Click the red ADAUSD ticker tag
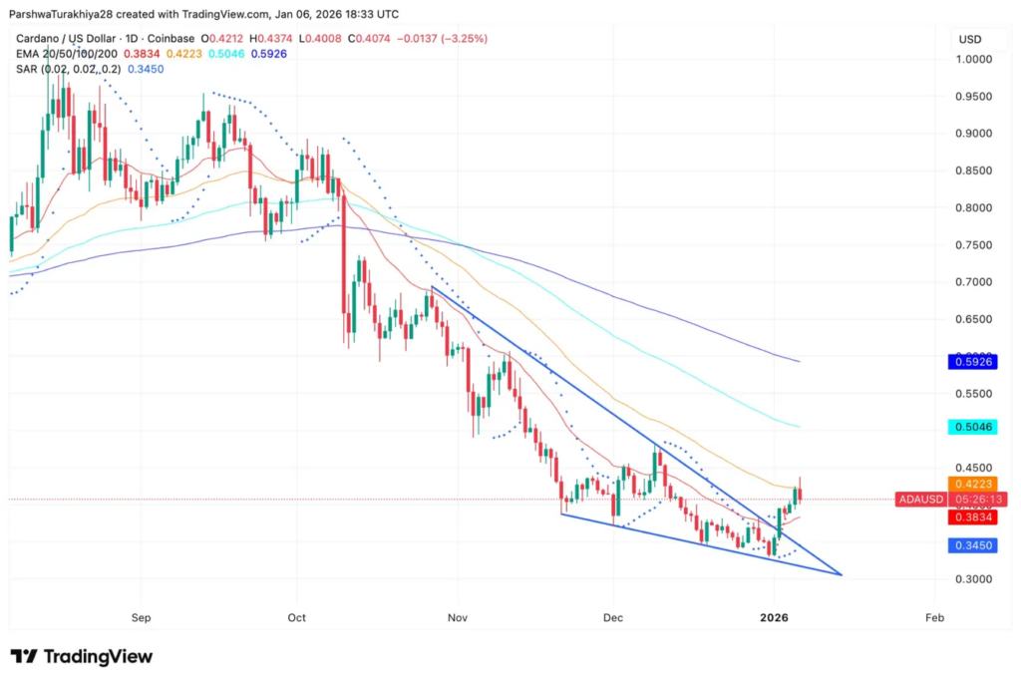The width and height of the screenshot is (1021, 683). pyautogui.click(x=922, y=500)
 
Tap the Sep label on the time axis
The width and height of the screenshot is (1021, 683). pyautogui.click(x=141, y=618)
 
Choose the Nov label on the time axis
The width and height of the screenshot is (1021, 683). pyautogui.click(x=458, y=618)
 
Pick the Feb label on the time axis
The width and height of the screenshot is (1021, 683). pyautogui.click(x=934, y=618)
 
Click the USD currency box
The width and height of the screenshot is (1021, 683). pyautogui.click(x=969, y=39)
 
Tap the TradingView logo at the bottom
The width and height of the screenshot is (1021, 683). pyautogui.click(x=82, y=656)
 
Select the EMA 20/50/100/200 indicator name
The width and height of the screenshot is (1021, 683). pyautogui.click(x=62, y=53)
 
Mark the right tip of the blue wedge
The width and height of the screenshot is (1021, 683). pyautogui.click(x=843, y=574)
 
